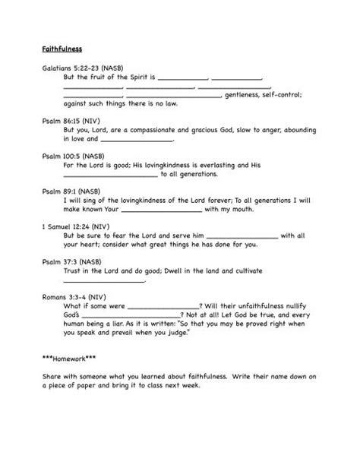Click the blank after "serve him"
pos(242,236)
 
